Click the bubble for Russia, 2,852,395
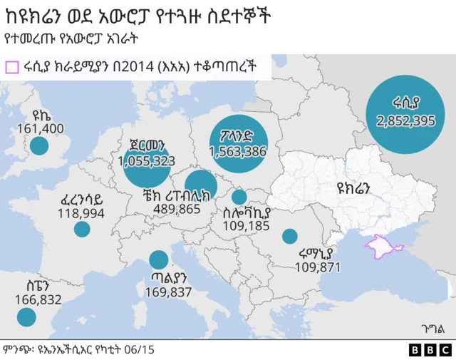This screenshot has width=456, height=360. coord(405,114)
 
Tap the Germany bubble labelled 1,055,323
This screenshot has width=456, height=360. coord(147,163)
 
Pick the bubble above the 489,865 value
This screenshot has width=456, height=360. coord(200,184)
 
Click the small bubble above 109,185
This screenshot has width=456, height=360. coord(239,197)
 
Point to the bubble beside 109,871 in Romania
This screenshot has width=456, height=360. coord(289,236)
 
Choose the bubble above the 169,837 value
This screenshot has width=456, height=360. coord(159,261)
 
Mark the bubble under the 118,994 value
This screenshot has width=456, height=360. coord(82,229)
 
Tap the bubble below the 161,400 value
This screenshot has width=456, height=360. coord(38,146)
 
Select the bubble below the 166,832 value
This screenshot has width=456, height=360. coord(26,317)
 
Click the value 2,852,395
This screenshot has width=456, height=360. coord(405,120)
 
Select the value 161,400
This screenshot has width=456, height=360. coord(40,128)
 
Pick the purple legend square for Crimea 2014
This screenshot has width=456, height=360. coord(11,67)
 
